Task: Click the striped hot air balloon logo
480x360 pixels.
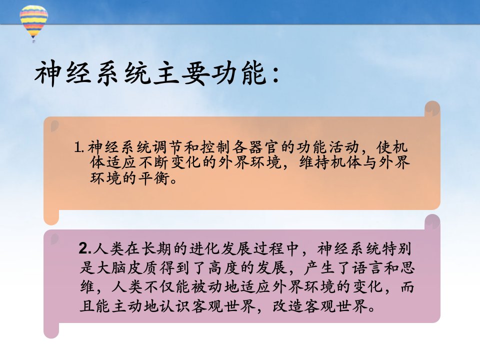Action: (x=33, y=23)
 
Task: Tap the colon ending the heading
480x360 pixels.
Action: (x=276, y=74)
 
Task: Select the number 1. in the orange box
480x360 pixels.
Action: (x=79, y=147)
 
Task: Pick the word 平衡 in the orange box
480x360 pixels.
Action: (x=154, y=178)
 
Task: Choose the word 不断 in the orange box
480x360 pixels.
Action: (x=154, y=162)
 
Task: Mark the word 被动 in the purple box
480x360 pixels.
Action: (x=207, y=287)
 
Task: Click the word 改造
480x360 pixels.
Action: (x=288, y=306)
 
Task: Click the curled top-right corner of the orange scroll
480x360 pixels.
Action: (x=432, y=108)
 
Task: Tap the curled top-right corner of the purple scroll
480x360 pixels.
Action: (x=432, y=222)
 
